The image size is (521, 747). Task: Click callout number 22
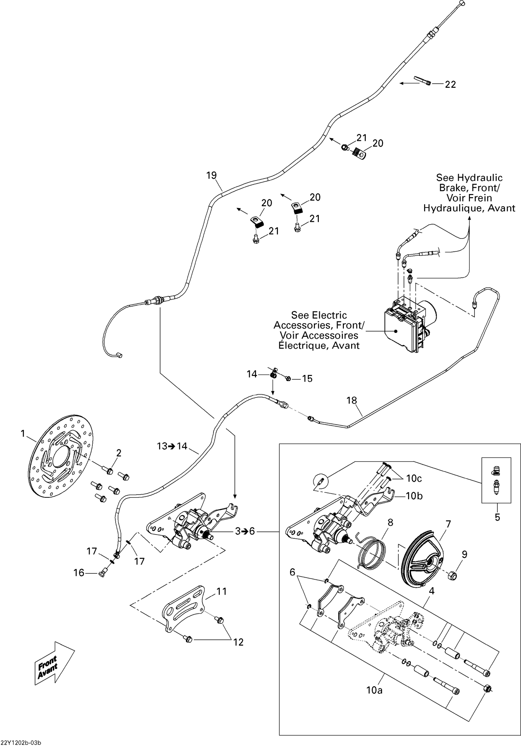click(450, 84)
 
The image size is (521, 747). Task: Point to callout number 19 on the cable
click(212, 175)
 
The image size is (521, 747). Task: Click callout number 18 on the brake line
click(352, 400)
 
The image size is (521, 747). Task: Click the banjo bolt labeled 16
click(102, 574)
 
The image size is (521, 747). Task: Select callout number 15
click(307, 378)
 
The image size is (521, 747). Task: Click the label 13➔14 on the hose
click(172, 446)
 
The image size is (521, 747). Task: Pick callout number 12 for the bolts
click(238, 642)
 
